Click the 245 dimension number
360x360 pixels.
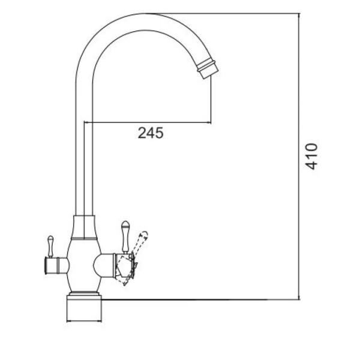pos(151,133)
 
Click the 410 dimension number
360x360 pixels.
pos(311,157)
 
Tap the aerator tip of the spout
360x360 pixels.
pos(208,68)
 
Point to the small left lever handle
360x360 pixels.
pos(50,247)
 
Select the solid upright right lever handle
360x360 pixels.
pos(125,237)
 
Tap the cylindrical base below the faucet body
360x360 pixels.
pos(84,309)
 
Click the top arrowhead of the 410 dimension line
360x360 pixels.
pos(299,16)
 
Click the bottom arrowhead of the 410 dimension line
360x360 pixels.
pos(299,297)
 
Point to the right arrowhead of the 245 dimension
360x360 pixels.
pos(208,122)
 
